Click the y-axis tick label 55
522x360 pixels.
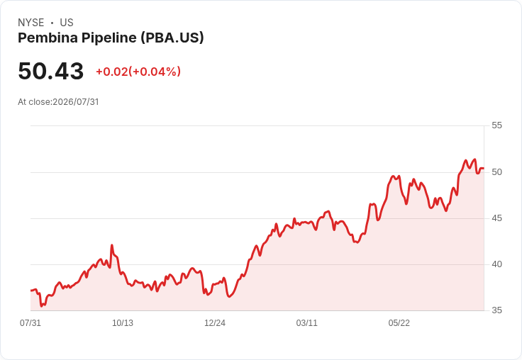(496, 125)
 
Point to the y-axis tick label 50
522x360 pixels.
(496, 172)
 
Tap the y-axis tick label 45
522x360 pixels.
(496, 218)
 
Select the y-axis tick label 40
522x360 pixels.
(496, 264)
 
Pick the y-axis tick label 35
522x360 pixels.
(496, 310)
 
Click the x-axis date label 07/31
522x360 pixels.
(30, 323)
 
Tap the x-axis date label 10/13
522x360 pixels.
(123, 323)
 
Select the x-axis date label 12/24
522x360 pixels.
(215, 323)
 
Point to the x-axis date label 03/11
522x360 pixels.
(306, 323)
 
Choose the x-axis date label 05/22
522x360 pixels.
(399, 323)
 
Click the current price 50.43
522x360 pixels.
(50, 71)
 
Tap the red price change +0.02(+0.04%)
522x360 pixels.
(138, 72)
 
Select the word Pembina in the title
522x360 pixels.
(48, 38)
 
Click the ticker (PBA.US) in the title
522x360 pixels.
(172, 38)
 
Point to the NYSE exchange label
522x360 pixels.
(31, 23)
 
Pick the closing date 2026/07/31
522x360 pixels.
(76, 102)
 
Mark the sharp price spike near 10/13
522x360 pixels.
(112, 245)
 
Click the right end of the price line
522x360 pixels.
(484, 169)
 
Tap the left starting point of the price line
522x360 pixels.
(31, 291)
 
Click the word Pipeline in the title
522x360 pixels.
(109, 38)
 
